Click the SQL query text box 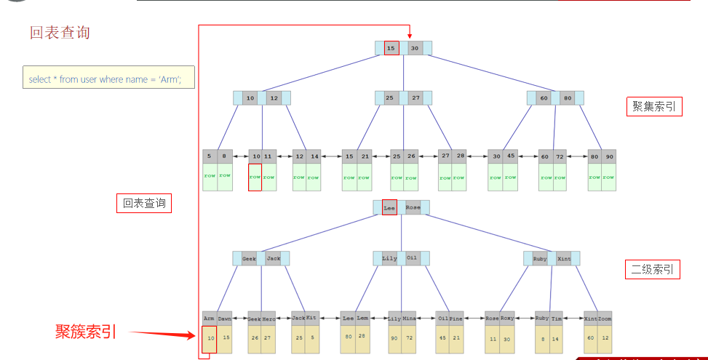point(108,78)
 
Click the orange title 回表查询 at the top point(60,33)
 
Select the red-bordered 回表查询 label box point(143,204)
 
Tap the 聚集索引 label point(653,106)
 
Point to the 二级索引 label point(653,270)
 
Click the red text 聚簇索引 point(85,332)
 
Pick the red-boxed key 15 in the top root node point(391,48)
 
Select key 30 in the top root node point(414,48)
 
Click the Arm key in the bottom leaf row point(210,318)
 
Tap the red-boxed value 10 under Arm point(210,338)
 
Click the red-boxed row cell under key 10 point(255,177)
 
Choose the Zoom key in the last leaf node point(605,318)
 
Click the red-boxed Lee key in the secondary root point(389,207)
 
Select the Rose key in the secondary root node point(413,207)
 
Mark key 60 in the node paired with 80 point(544,97)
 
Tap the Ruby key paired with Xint point(540,258)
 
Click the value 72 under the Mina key point(410,338)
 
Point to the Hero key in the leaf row point(269,318)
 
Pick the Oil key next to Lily point(412,258)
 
